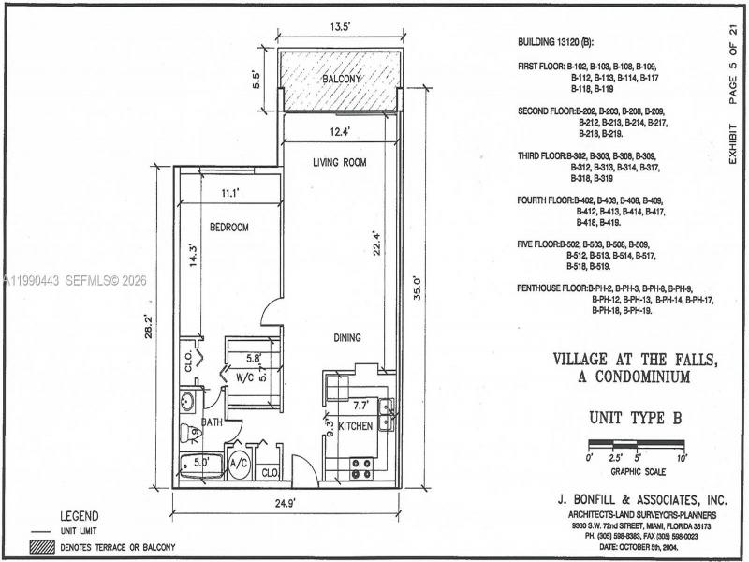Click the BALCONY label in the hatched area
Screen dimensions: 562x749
pyautogui.click(x=342, y=80)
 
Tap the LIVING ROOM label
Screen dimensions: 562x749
pyautogui.click(x=339, y=163)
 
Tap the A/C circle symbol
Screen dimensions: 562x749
pyautogui.click(x=238, y=463)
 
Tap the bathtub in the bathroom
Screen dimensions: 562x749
pyautogui.click(x=197, y=463)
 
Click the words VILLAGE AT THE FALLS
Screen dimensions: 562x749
pyautogui.click(x=622, y=359)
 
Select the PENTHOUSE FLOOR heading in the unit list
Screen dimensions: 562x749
pyautogui.click(x=552, y=288)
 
